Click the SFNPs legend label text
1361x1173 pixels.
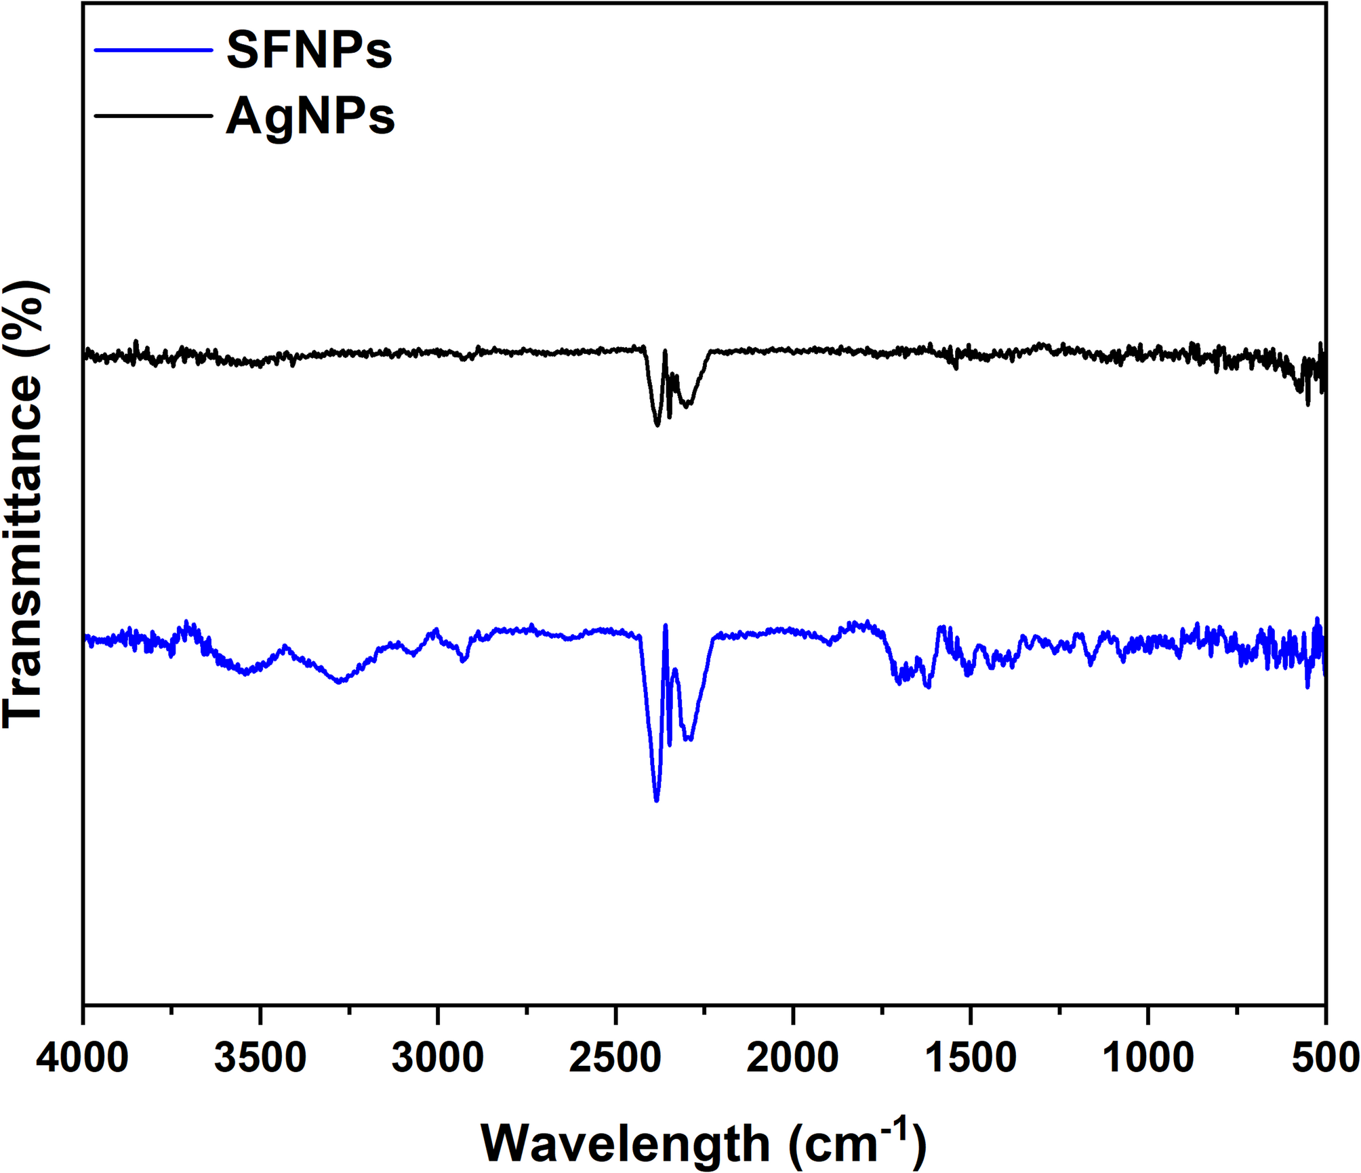[x=309, y=50]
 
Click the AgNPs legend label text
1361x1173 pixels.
[x=310, y=117]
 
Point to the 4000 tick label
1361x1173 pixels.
[x=83, y=1058]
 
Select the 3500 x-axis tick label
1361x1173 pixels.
[x=260, y=1058]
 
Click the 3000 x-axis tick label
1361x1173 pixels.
[x=438, y=1058]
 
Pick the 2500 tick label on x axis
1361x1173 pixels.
[x=615, y=1058]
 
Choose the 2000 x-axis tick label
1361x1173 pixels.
[x=793, y=1058]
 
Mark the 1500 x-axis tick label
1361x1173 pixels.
[x=971, y=1058]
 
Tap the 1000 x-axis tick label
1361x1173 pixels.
[x=1148, y=1058]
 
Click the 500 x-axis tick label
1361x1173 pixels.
[x=1325, y=1058]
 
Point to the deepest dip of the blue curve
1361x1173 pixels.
[x=656, y=800]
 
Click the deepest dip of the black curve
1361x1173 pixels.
[x=657, y=424]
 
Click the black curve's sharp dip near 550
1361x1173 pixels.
[x=1307, y=404]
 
